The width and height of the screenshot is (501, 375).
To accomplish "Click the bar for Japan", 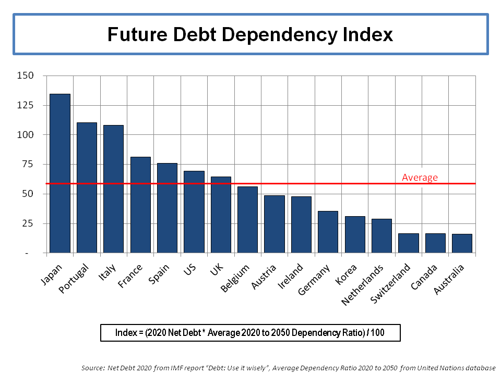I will point(60,173).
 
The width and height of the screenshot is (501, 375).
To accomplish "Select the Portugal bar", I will point(87,187).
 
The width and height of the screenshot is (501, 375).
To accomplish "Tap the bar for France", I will point(140,205).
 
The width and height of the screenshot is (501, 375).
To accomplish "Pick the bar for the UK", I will point(221,215).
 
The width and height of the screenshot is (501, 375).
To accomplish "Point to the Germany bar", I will point(328,232).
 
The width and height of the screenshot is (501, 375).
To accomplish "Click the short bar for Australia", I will point(462,243).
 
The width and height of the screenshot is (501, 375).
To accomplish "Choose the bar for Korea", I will point(355,234).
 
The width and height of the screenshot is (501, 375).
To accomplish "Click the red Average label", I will point(420,178).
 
